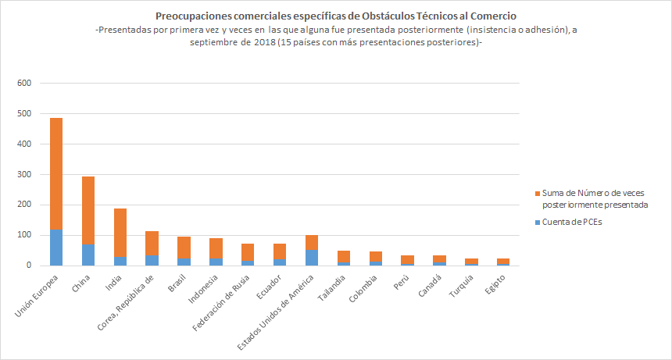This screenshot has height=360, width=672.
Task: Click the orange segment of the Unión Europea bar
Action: (x=56, y=173)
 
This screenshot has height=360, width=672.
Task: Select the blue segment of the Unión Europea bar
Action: (x=56, y=248)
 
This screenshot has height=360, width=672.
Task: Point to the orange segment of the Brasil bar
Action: (x=184, y=248)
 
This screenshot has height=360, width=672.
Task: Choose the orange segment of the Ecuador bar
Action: (x=280, y=251)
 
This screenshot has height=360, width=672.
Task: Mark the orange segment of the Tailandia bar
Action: (x=344, y=256)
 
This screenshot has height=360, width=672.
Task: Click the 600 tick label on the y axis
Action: (x=24, y=84)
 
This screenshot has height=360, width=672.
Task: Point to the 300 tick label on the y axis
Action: (x=24, y=175)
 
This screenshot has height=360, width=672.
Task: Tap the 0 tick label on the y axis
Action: (x=29, y=266)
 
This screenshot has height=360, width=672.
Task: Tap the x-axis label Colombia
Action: (x=365, y=289)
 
